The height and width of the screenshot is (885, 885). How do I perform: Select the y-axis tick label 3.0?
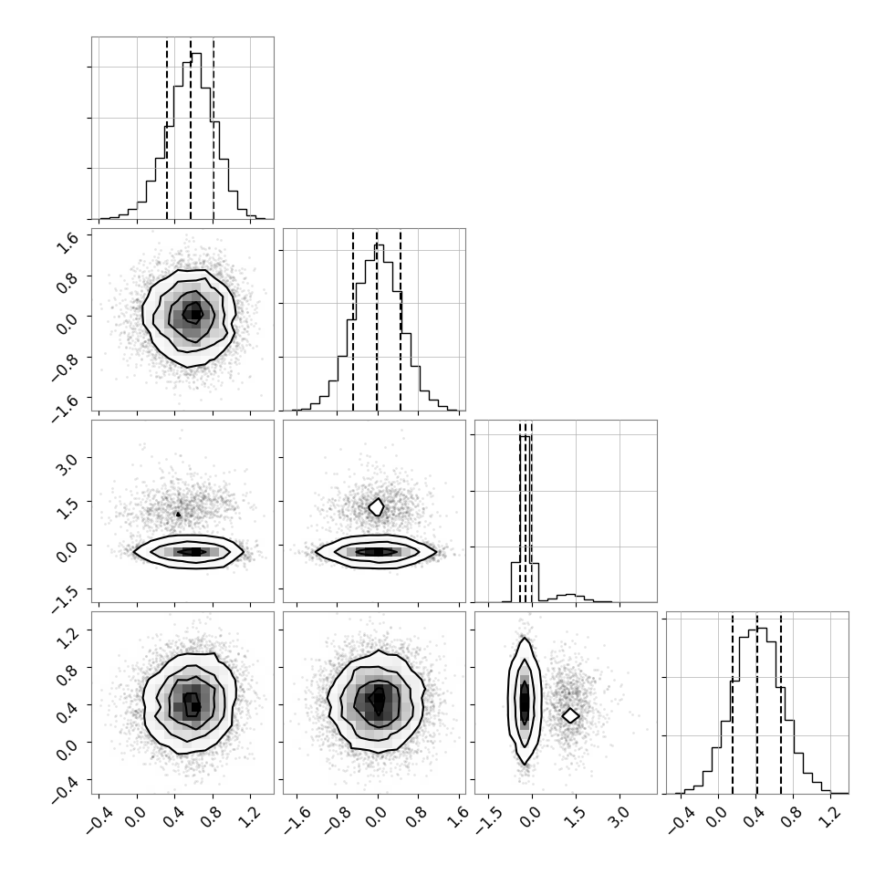click(68, 465)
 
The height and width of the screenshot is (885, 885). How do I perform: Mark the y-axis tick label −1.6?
click(64, 407)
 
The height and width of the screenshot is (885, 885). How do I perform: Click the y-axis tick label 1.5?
click(68, 508)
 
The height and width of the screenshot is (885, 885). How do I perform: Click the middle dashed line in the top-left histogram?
click(190, 130)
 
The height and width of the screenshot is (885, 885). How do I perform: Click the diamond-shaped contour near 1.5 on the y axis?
click(377, 507)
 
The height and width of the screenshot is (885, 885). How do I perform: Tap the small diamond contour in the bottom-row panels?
click(570, 715)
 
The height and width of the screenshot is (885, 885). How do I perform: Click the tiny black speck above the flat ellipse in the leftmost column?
click(178, 515)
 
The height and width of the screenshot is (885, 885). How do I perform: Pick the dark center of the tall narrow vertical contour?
click(525, 702)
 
